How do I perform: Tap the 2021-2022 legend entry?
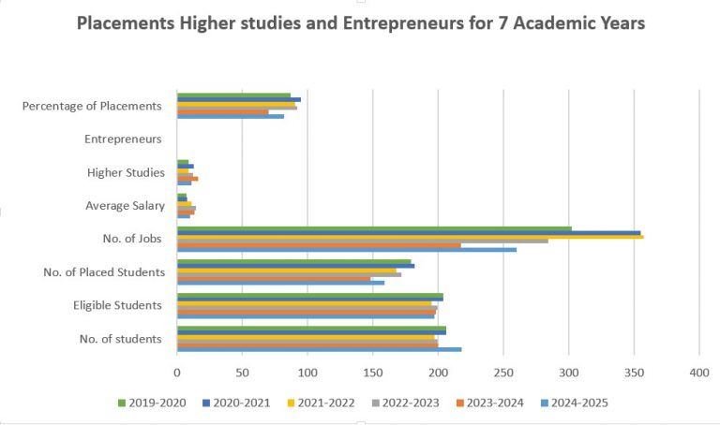[322, 403]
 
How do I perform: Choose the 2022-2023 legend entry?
[405, 403]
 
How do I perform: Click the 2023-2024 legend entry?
[490, 403]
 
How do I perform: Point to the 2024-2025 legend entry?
[575, 403]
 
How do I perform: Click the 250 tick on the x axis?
[503, 373]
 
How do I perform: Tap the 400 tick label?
[699, 373]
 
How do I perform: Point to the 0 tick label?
[177, 373]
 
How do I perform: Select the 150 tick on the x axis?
[373, 373]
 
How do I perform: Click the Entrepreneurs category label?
[123, 139]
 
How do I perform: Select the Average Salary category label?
[125, 206]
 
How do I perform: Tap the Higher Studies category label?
[126, 172]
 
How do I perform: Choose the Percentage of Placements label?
[92, 106]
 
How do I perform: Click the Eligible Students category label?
[117, 305]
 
